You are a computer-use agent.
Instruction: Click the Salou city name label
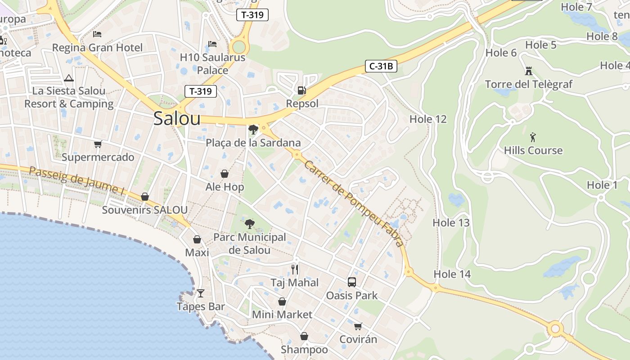(177, 118)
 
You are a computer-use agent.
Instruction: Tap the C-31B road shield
(381, 67)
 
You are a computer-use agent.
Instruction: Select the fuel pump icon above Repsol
(302, 90)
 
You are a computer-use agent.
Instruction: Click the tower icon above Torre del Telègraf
(528, 71)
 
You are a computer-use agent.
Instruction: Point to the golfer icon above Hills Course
(533, 137)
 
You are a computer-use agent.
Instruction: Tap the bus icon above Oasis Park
(352, 282)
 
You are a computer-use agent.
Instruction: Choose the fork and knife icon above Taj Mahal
(295, 269)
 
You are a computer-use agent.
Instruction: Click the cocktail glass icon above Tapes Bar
(201, 293)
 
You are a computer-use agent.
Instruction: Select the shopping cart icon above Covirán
(358, 326)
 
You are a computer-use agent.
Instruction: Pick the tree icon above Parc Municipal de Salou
(249, 224)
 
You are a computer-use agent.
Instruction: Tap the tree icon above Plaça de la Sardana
(253, 130)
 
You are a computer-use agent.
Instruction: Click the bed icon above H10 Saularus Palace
(212, 44)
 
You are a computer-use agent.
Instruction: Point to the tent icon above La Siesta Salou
(69, 78)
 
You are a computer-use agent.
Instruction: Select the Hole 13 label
(451, 222)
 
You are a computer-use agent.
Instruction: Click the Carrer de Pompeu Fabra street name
(353, 204)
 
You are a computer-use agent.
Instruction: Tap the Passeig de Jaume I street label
(76, 181)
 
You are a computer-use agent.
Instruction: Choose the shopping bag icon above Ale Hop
(225, 174)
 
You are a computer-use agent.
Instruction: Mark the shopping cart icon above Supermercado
(98, 144)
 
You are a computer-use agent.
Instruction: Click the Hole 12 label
(428, 119)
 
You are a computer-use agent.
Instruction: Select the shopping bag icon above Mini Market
(282, 301)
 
